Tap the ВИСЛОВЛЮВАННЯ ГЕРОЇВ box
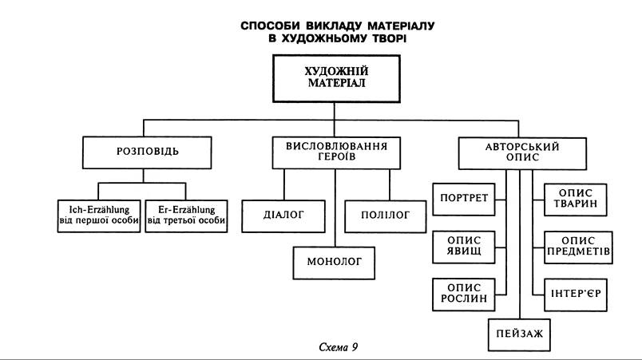[x=335, y=152]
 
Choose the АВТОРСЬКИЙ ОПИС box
[x=522, y=152]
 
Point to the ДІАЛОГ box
[x=284, y=214]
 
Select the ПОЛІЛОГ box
[x=387, y=215]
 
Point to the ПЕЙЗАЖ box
[x=519, y=334]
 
